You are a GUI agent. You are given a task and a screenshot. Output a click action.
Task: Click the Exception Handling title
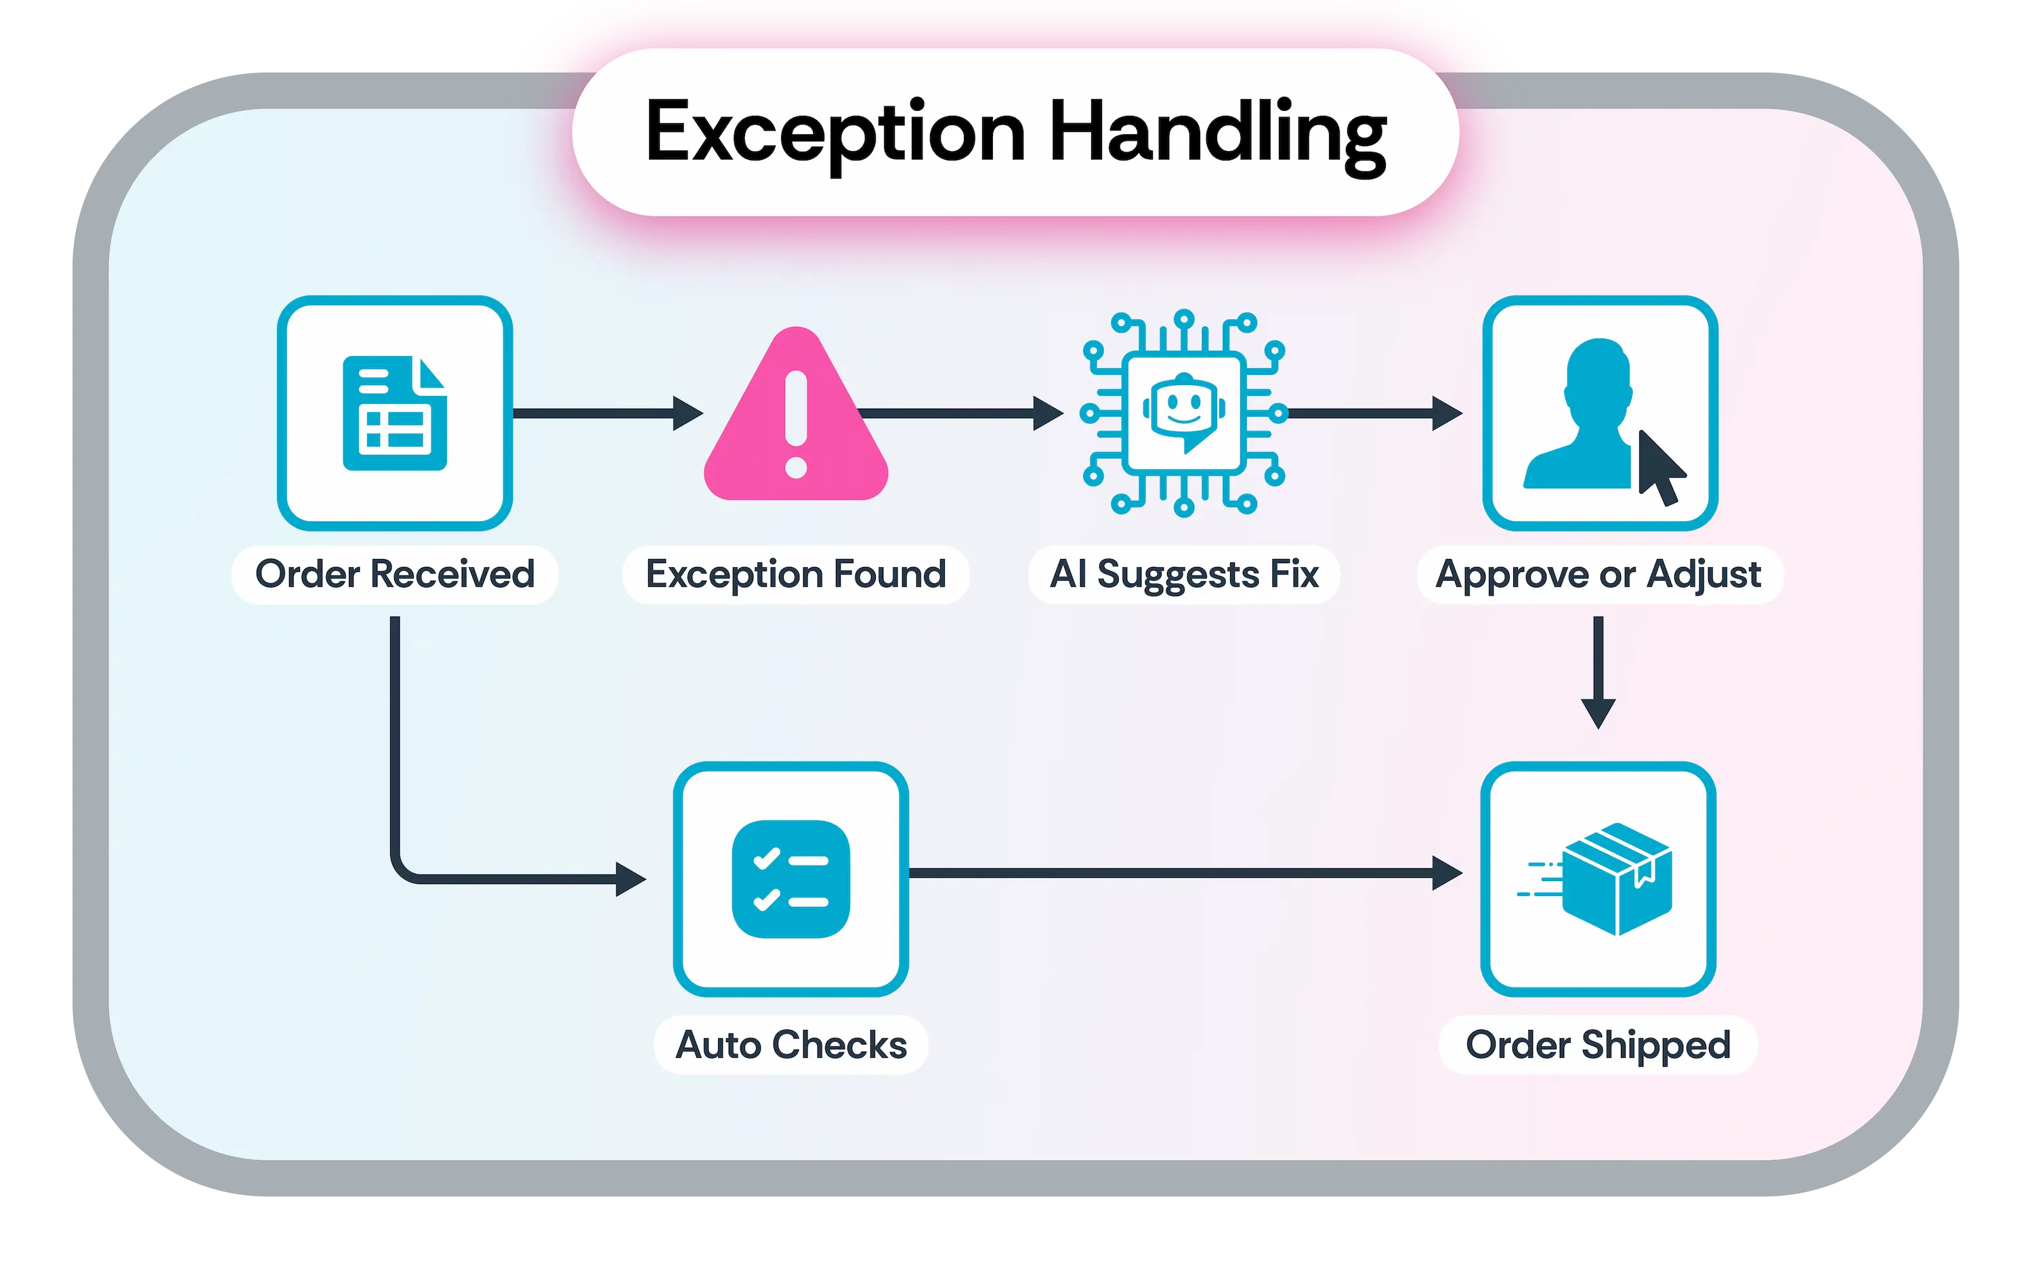[1015, 133]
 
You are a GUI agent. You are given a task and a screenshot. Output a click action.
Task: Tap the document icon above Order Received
[395, 413]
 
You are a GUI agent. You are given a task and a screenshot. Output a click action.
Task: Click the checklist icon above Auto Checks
[791, 878]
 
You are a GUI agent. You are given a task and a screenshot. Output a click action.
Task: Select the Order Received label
[395, 575]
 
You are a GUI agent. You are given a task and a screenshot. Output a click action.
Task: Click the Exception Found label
[795, 575]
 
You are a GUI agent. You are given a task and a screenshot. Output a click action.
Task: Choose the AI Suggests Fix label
[1184, 575]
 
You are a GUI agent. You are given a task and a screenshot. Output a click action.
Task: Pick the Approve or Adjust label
[1599, 575]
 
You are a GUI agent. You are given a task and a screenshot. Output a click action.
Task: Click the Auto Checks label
[791, 1045]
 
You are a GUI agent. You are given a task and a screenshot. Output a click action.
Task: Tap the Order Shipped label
[1598, 1045]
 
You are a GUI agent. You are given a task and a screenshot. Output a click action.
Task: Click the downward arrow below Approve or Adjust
[1598, 671]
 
